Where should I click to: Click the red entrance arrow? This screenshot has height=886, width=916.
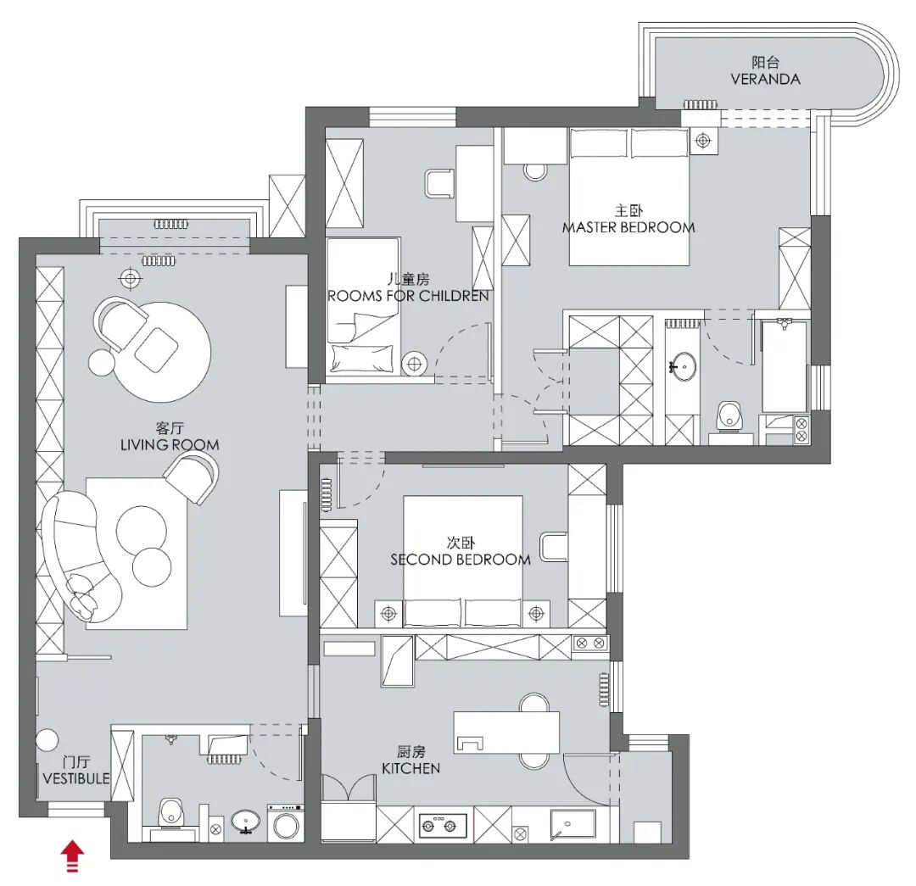click(72, 855)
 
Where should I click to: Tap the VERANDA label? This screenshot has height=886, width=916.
click(765, 80)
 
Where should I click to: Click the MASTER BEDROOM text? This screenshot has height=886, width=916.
click(628, 227)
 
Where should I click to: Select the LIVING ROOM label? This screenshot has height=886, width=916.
click(170, 445)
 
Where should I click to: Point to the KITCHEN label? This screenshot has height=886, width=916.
click(411, 769)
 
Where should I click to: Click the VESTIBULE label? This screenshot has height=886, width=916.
click(76, 778)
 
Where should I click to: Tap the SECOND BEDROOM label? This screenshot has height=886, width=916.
click(461, 560)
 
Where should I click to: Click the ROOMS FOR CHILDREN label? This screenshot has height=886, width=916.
click(408, 296)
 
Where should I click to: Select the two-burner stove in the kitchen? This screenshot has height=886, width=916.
click(444, 825)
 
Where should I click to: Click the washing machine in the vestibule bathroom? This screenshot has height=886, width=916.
click(286, 823)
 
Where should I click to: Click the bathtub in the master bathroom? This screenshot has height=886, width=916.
click(784, 365)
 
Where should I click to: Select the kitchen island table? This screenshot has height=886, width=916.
click(506, 732)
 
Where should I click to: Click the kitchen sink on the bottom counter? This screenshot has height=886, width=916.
click(572, 825)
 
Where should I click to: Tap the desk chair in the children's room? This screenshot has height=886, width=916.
click(440, 183)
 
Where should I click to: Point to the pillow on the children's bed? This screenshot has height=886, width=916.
click(362, 358)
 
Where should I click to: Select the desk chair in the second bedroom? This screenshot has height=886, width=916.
click(554, 547)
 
